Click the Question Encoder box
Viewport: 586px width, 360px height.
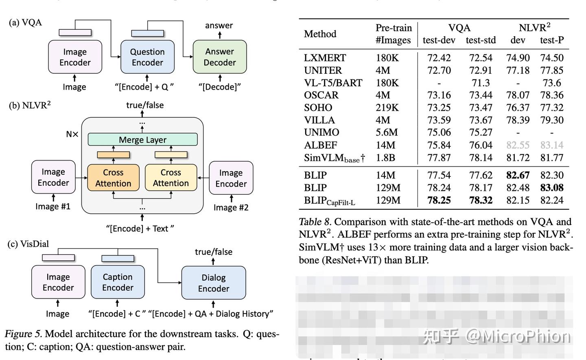point(147,57)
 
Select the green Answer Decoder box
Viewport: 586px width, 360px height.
point(220,57)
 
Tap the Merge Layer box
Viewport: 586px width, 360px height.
point(142,140)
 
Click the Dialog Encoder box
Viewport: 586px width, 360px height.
point(213,283)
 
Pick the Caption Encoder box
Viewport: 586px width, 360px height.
point(118,282)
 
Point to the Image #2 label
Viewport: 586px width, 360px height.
point(231,208)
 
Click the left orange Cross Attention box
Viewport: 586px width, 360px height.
point(113,178)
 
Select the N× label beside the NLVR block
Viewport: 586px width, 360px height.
point(72,134)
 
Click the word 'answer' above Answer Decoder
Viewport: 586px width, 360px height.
point(219,25)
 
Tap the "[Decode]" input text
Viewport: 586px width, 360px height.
point(219,87)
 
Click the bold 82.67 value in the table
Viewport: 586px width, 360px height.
point(518,176)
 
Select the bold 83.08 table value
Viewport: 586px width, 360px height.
point(552,188)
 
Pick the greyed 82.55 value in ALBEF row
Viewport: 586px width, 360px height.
point(518,145)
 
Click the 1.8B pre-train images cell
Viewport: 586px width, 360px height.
point(385,158)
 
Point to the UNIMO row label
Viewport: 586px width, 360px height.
point(321,133)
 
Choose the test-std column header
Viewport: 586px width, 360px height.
point(481,40)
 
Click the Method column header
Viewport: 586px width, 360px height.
point(320,34)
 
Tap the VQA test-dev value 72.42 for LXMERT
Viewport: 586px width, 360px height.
point(439,58)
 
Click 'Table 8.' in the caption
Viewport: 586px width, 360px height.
point(315,222)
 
